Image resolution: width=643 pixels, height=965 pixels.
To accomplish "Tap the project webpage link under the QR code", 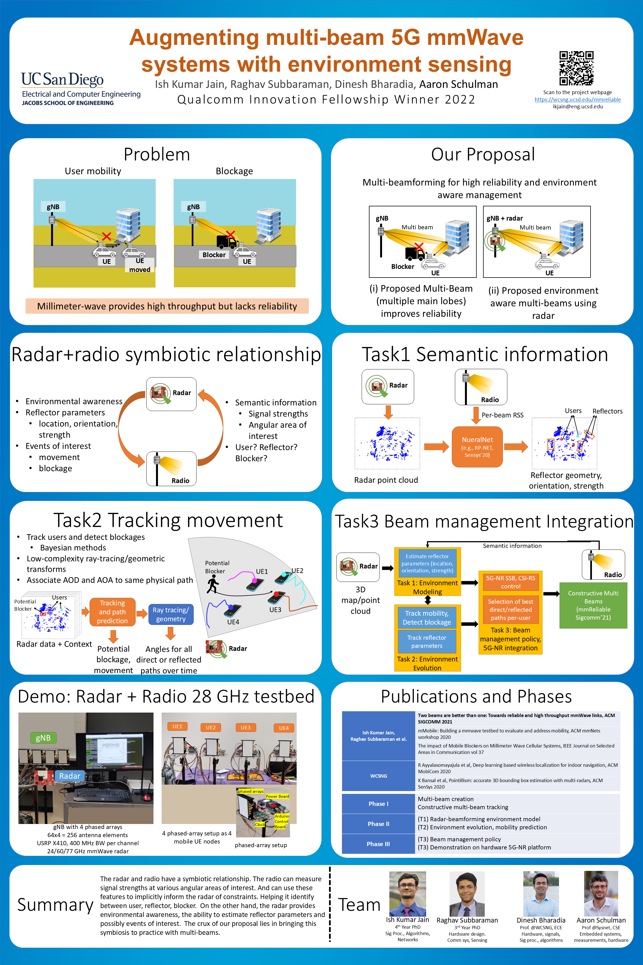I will pos(577,99).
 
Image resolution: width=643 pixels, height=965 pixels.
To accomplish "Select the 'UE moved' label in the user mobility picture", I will pos(140,265).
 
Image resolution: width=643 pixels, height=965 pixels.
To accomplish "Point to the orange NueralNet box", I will pos(477,446).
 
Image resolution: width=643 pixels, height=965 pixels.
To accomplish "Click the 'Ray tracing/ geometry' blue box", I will pos(171,614).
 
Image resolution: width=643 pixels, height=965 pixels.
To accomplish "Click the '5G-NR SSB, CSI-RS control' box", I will pos(510,582).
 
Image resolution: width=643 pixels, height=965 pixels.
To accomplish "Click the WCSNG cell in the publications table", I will pos(378,776).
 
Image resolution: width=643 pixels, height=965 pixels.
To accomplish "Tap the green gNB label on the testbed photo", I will pos(43,738).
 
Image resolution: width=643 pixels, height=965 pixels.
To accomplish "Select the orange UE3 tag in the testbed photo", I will pos(245,727).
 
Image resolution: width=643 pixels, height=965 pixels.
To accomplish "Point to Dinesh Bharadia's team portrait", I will pos(541,893).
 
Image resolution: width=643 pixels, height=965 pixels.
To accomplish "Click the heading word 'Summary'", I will pos(55,905).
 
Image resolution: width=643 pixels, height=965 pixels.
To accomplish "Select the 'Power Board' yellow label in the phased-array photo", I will pos(277,796).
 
